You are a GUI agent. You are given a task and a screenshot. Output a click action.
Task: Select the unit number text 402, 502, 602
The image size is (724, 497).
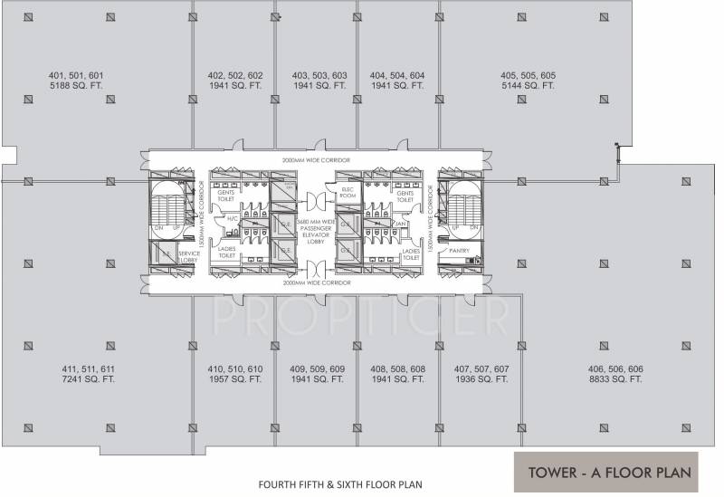click(x=235, y=75)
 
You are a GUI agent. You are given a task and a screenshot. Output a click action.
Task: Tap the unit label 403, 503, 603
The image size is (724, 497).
click(x=319, y=75)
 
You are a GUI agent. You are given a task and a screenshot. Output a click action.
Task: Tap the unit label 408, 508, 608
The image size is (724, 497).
click(x=397, y=369)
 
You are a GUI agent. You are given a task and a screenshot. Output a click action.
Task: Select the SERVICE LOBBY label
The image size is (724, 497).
click(x=188, y=256)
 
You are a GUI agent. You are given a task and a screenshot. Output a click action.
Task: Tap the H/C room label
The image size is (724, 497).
click(x=232, y=217)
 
